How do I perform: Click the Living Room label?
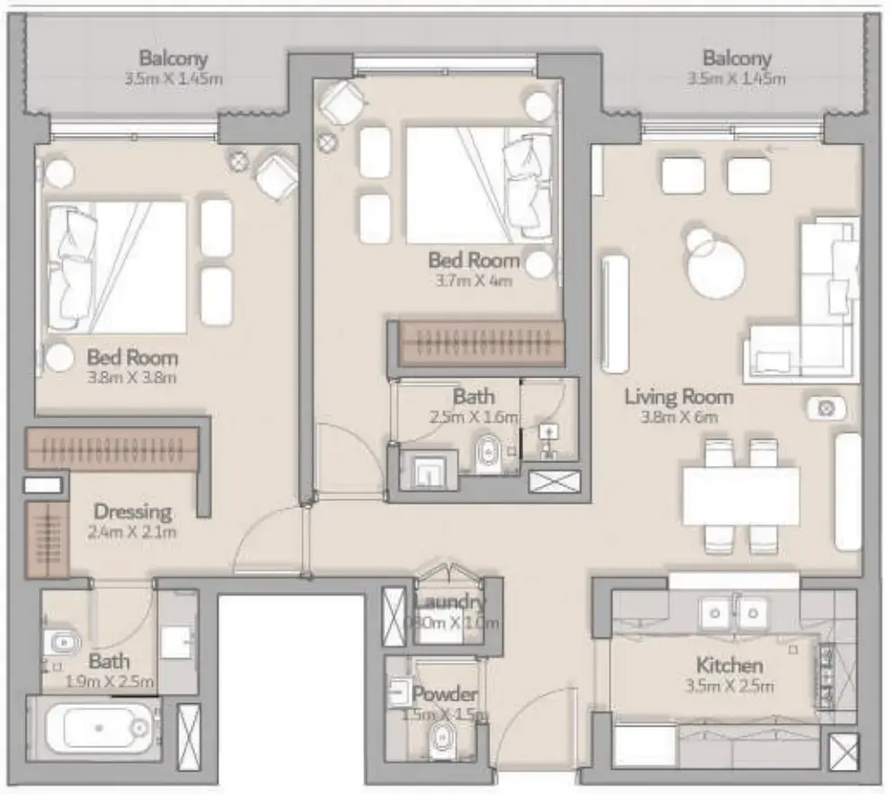click(x=679, y=396)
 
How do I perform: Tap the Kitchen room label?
click(x=730, y=665)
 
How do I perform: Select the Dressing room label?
click(x=132, y=512)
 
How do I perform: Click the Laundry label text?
click(x=450, y=602)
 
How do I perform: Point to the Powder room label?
click(x=444, y=694)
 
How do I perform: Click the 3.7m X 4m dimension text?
click(x=474, y=280)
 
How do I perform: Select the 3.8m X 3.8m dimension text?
click(x=132, y=377)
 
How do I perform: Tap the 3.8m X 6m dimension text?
click(x=679, y=416)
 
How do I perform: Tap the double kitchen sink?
click(x=732, y=612)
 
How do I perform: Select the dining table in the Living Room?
click(x=740, y=495)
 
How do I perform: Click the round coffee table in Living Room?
click(x=717, y=270)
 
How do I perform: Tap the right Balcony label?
click(x=737, y=58)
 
